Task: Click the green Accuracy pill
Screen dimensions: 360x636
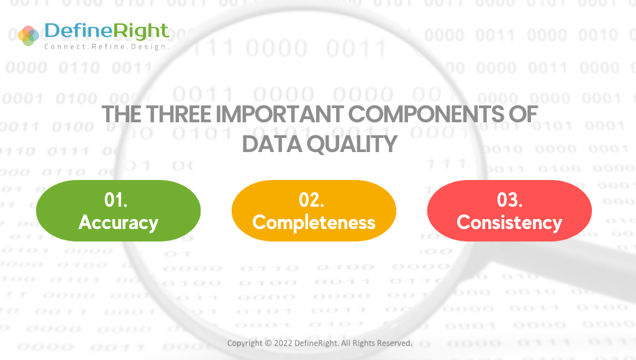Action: click(x=118, y=211)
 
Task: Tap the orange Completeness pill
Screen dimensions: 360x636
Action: click(x=314, y=211)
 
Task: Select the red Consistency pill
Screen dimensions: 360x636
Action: click(x=509, y=211)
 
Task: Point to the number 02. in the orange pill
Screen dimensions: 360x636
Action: click(x=312, y=200)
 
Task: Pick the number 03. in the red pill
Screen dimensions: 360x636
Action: click(x=509, y=200)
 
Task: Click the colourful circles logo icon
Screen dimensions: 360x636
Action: click(x=29, y=35)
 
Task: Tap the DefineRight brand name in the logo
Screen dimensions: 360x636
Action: click(x=106, y=30)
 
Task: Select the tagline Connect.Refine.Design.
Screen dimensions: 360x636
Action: click(x=106, y=47)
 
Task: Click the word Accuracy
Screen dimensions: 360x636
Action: click(x=118, y=222)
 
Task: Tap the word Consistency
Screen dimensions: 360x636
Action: click(x=509, y=222)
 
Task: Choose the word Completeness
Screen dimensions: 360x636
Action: click(x=314, y=222)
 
